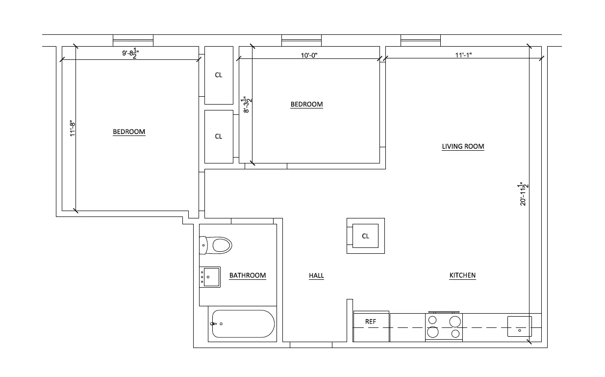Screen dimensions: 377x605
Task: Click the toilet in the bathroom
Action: click(x=216, y=244)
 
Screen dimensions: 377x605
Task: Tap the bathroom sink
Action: click(x=209, y=277)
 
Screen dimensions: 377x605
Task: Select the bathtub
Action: click(x=243, y=324)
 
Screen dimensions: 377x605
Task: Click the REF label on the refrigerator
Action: click(x=371, y=322)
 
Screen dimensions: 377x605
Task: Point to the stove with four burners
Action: click(x=444, y=326)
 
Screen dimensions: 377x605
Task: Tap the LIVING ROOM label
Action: click(x=463, y=146)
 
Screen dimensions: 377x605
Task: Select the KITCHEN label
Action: click(x=462, y=275)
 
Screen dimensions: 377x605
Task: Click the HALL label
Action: click(x=316, y=276)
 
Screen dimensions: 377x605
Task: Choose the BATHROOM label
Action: click(x=248, y=275)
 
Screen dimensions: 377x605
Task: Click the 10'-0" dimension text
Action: click(x=309, y=55)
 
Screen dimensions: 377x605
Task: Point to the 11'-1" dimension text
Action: click(x=463, y=55)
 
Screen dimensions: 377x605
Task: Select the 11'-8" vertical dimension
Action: click(x=72, y=129)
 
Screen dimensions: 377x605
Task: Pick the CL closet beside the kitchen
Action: click(x=365, y=236)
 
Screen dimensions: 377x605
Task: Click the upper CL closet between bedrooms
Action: click(x=219, y=75)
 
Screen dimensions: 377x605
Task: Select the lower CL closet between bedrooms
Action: click(x=219, y=136)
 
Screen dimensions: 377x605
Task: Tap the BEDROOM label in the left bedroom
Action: click(x=129, y=132)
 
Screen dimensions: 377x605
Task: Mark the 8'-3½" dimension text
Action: click(x=248, y=104)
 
